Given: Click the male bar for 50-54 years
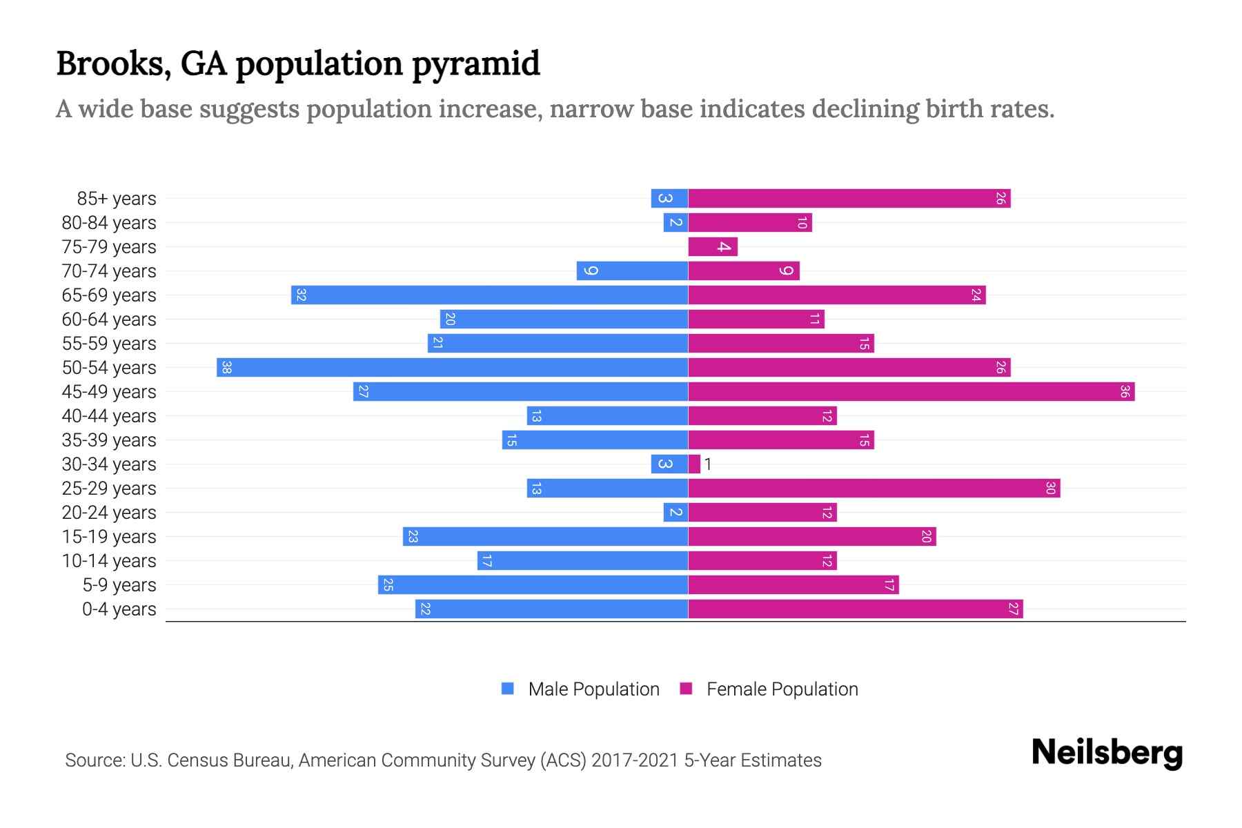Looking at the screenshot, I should coord(452,368).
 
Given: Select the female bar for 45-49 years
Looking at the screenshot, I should coord(911,392).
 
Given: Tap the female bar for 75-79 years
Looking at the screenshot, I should coord(713,247).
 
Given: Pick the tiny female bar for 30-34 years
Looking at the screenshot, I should coord(694,464).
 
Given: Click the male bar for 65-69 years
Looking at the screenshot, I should coord(489,295).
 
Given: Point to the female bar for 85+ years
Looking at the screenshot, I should coord(849,199).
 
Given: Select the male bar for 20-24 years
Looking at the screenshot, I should coord(676,513).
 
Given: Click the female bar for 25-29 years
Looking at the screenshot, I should coord(874,489).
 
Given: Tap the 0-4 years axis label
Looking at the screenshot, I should coord(119,609).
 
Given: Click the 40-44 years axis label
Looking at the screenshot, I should coord(109,416).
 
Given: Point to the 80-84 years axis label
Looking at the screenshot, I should coord(109,223).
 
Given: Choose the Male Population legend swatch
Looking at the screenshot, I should coord(508,689).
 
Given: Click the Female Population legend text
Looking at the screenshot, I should coord(782,689).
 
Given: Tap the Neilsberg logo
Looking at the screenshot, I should coord(1107,753).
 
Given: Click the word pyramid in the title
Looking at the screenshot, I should coord(476,63).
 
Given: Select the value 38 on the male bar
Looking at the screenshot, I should coord(226,368).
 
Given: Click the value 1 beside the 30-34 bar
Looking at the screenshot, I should coord(708,464).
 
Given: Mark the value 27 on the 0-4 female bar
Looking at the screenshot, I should coord(1013,609).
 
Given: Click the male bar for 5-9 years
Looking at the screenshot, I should coord(533,585).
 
